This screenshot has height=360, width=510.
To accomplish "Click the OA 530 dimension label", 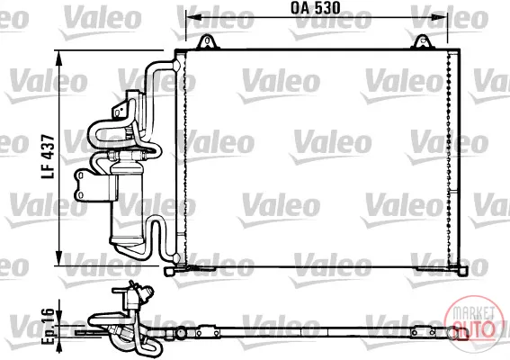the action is coord(315,8).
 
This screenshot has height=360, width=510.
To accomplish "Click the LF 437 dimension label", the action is coord(48,157).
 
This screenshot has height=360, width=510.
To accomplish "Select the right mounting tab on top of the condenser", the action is coord(422,42).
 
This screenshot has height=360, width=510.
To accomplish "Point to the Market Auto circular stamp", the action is coord(473,323).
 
